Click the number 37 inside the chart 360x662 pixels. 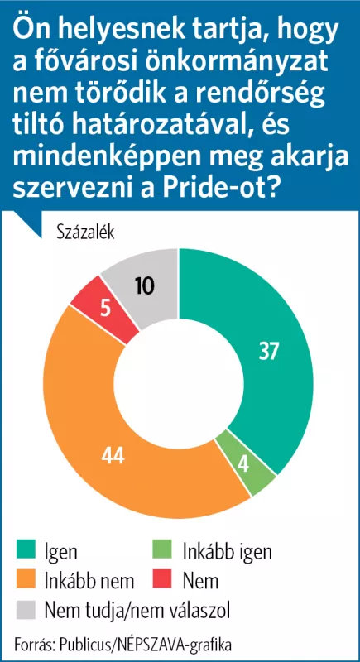coord(269,353)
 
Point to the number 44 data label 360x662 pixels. coord(113,456)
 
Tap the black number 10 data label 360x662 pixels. coord(145,285)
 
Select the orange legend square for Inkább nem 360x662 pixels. coord(26,581)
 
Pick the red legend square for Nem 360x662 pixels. coord(162,581)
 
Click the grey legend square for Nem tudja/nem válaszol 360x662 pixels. coord(26,611)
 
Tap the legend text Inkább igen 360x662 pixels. coord(228,552)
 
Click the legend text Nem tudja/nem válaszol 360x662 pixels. coord(137,611)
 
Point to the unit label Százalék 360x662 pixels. coord(85,233)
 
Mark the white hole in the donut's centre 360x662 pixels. coord(179,384)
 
